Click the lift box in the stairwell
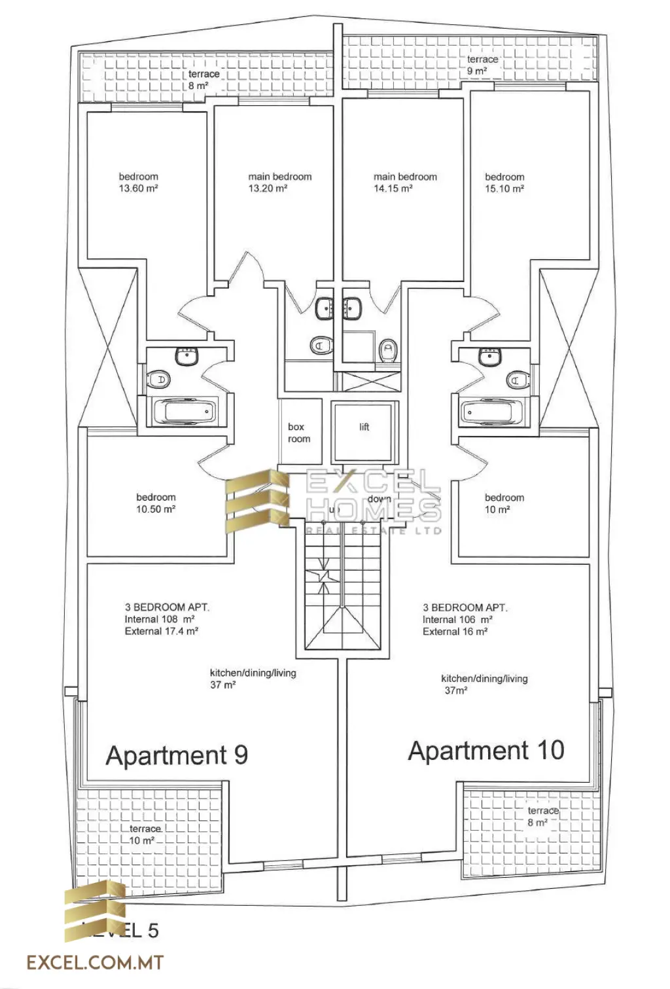364,431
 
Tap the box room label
298,433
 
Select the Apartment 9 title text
177,755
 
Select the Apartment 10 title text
486,751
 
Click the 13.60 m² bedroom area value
138,189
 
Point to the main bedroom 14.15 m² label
404,183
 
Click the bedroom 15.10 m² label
504,183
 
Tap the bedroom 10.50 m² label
156,503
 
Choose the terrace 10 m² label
144,835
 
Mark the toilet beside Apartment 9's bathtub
159,380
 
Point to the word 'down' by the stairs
379,499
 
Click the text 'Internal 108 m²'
160,619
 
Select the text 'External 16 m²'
455,632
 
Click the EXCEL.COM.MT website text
95,962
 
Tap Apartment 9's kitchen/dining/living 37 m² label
252,679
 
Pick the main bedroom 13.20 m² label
279,183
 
